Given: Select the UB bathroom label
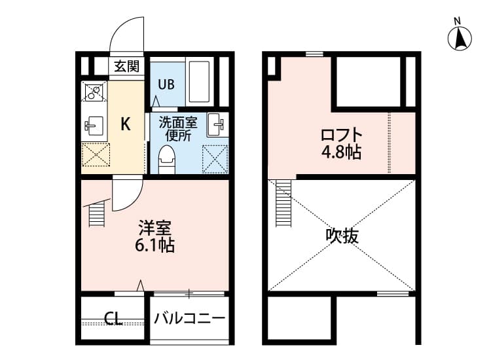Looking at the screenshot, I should coord(166,84).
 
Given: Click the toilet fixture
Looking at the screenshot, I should coord(168,159).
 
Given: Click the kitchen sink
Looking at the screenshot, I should coord(92,124).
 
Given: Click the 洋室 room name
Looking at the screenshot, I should coord(155,228).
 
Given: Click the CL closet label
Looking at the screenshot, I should coord(113,319).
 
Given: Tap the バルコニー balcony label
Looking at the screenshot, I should coord(190,319).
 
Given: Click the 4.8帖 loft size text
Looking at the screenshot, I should coord(341,153).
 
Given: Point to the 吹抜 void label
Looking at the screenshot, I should coord(342,235).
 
